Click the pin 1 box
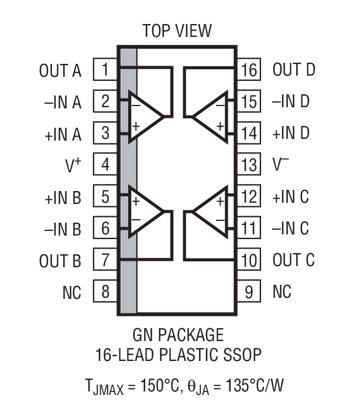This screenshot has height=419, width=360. (105, 71)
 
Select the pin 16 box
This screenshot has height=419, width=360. (249, 71)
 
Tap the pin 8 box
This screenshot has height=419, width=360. (105, 291)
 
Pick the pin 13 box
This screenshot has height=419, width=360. (249, 165)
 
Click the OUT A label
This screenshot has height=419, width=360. (60, 71)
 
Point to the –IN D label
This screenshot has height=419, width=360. (291, 102)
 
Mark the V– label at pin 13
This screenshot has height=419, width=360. (282, 165)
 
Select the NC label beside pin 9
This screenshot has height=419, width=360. (282, 291)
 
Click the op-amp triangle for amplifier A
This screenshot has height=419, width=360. (146, 116)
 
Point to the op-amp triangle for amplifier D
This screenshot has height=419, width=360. (211, 116)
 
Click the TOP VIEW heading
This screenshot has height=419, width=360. (177, 30)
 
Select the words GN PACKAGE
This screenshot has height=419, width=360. (178, 335)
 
